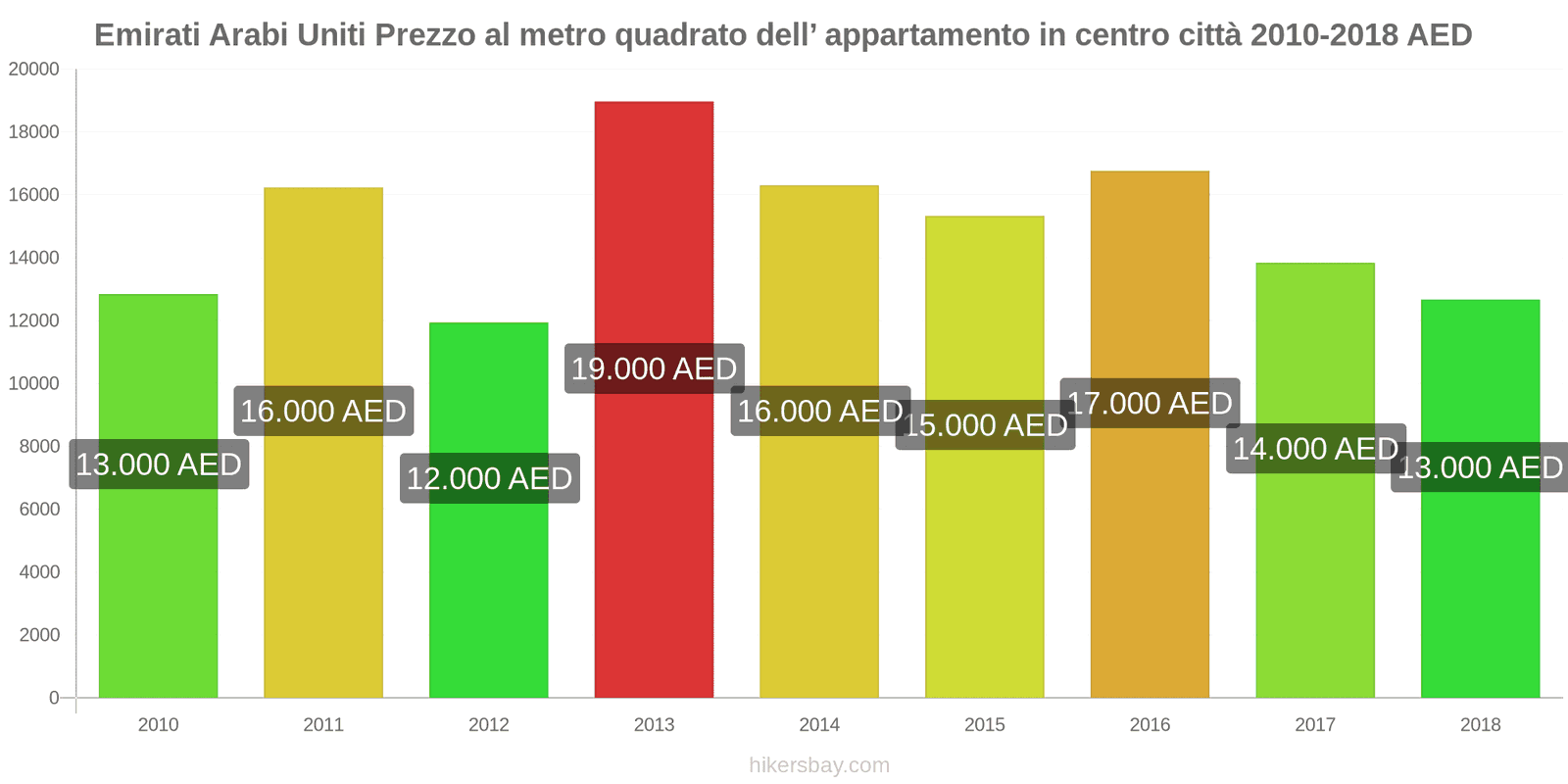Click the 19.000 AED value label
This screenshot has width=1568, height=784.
pos(654,369)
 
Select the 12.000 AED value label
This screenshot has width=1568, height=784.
pos(489,478)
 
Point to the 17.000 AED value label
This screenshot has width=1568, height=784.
pos(1150,404)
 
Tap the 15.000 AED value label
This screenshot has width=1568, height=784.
pos(985,425)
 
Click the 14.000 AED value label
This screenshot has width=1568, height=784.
pos(1315,449)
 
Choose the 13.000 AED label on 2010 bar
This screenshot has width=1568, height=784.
pos(159,465)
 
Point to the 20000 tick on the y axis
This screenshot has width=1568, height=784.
pos(34,70)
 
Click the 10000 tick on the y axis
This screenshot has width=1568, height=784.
pos(34,384)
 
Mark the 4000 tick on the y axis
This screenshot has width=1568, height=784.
pos(39,572)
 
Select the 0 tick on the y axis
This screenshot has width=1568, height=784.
pos(54,698)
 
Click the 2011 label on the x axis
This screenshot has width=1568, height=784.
pos(323,725)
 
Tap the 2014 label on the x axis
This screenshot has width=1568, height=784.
pos(819,725)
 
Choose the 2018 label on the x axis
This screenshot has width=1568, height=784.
pos(1480,725)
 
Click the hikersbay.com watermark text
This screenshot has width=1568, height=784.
pos(819,765)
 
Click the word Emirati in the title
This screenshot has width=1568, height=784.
pos(148,35)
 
